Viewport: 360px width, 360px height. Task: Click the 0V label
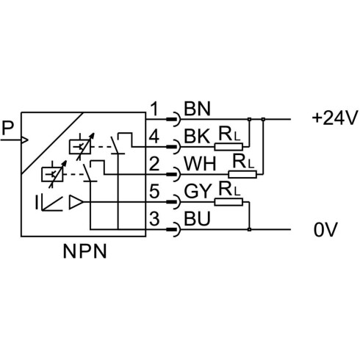[325, 230]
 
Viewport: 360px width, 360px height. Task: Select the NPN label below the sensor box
[84, 251]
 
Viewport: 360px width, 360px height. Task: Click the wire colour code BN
[197, 109]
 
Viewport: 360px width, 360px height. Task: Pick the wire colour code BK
[197, 137]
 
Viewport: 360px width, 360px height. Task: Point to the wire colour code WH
[200, 164]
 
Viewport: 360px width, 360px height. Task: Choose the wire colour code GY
[198, 191]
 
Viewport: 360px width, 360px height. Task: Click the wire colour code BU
[197, 219]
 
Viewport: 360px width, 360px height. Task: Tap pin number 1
[155, 109]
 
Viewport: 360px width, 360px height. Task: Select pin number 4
[154, 137]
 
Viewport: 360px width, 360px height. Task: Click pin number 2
[154, 164]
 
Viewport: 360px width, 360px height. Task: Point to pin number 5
[154, 191]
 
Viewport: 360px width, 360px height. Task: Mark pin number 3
[154, 219]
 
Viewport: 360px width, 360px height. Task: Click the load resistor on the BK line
[228, 147]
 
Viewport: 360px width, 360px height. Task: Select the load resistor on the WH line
[242, 175]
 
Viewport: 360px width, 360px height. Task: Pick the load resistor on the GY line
[228, 202]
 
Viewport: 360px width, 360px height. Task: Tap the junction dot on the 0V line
[249, 230]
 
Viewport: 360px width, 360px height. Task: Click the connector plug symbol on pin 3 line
[174, 230]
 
